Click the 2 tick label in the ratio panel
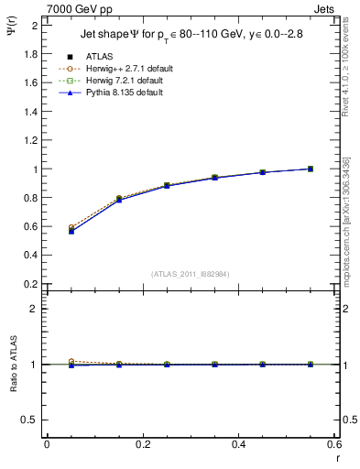(34, 309)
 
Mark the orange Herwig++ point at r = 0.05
(71, 227)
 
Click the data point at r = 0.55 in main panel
(311, 169)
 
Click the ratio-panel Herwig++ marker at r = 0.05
(71, 362)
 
